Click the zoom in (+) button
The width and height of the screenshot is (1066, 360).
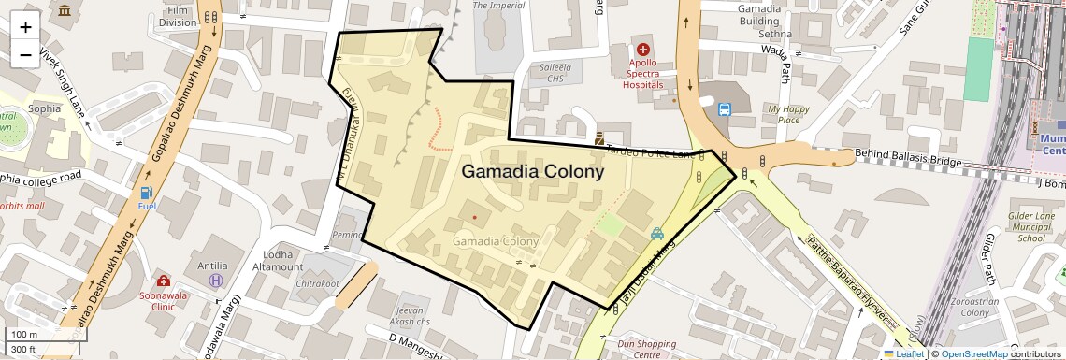pyautogui.click(x=25, y=26)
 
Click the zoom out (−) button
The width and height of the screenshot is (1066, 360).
pyautogui.click(x=25, y=54)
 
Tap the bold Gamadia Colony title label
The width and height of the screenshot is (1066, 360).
pyautogui.click(x=532, y=172)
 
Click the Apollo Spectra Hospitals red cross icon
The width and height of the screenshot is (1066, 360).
pyautogui.click(x=643, y=49)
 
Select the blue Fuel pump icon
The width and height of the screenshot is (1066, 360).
pyautogui.click(x=147, y=193)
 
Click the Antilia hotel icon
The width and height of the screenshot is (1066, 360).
pyautogui.click(x=216, y=280)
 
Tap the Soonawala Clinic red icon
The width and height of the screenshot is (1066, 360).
pyautogui.click(x=164, y=281)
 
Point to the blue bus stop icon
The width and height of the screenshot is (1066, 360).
pyautogui.click(x=724, y=109)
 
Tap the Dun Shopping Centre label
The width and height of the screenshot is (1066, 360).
pyautogui.click(x=646, y=349)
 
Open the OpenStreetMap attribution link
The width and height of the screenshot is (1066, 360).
pyautogui.click(x=974, y=353)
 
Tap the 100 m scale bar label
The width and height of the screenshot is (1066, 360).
pyautogui.click(x=25, y=334)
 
